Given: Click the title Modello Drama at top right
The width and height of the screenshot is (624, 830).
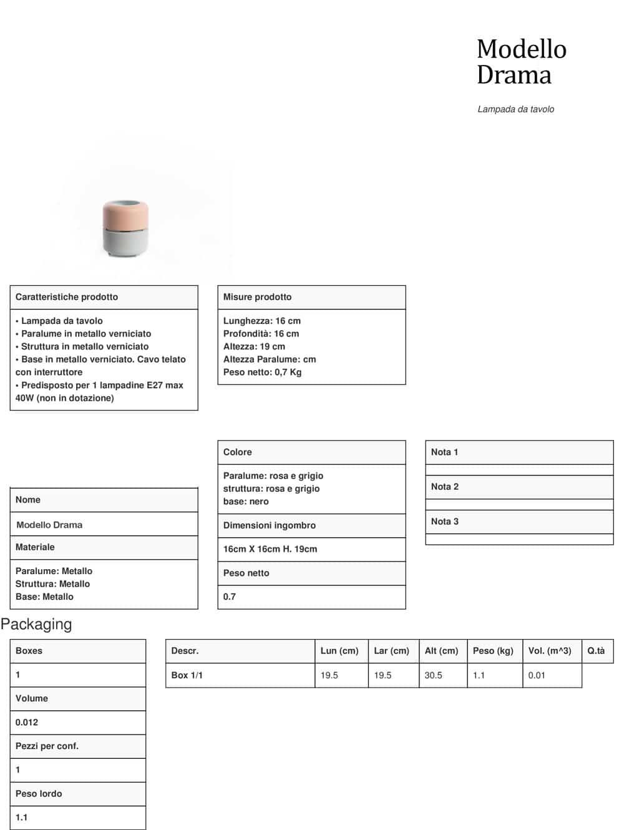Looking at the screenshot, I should point(521,62).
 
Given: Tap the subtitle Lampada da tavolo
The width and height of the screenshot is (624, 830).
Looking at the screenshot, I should point(515,109).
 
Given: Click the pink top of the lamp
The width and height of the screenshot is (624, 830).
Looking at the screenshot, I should point(125,214).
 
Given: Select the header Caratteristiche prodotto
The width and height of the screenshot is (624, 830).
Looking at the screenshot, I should point(67,297).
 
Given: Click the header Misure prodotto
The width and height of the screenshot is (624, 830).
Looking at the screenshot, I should point(257,297).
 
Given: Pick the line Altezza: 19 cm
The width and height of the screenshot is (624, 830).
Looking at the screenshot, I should point(254,346).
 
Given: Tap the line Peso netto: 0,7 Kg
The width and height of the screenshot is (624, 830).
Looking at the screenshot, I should point(262,372).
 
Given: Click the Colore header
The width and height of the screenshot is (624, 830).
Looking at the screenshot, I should point(238,452).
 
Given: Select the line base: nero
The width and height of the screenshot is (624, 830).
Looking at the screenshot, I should point(246,501).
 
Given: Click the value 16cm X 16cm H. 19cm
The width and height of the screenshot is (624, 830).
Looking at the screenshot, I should point(270,549).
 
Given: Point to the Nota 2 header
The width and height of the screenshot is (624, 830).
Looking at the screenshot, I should point(445,487).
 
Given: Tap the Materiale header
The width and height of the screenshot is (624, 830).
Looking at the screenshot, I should point(35,547).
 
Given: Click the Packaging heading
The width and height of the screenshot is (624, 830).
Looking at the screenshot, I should point(36,624).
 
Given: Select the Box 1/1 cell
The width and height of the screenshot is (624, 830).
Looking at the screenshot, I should point(187,675).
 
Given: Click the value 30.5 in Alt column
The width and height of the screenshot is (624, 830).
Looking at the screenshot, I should point(433,675).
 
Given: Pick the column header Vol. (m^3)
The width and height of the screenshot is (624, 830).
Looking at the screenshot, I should point(549,650).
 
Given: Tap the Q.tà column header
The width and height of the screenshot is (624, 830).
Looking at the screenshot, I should point(596,650).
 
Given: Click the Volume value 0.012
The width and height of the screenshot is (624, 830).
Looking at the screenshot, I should point(27,722).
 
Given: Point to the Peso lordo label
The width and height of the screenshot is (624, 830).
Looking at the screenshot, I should point(39,793).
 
